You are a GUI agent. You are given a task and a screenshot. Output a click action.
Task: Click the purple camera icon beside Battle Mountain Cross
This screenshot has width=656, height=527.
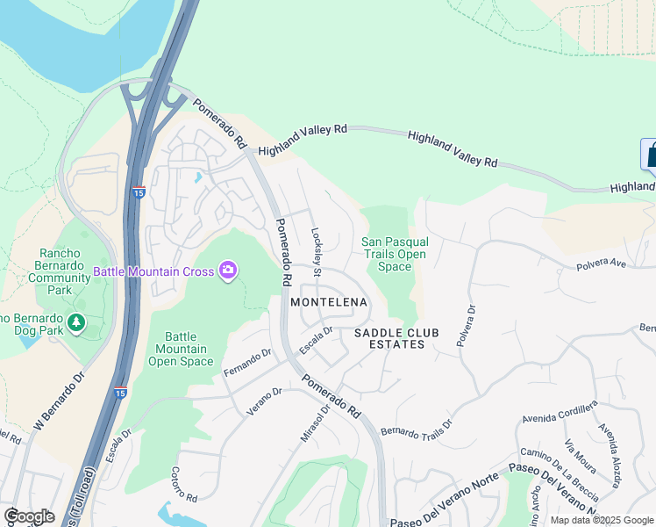coord(228,271)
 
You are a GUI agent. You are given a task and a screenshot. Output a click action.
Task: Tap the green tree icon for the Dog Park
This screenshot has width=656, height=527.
coord(77,323)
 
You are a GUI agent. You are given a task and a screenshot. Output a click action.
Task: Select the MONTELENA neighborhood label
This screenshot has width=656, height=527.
coord(329,302)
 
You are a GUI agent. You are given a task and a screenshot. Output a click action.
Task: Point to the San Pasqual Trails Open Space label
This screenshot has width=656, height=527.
coord(395,254)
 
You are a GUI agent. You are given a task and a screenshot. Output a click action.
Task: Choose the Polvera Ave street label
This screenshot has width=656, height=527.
coord(601,263)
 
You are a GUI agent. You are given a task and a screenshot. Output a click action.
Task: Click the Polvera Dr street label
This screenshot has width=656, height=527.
coord(465,326)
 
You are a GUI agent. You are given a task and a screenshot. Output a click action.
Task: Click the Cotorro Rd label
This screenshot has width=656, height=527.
coord(186,484)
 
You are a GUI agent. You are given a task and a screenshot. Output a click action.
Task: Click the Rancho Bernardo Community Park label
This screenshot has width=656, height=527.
coord(59,271)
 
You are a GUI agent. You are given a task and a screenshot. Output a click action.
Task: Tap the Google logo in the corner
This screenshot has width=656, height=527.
coord(30,516)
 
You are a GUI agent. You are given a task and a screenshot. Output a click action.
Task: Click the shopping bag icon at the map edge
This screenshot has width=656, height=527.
coord(651,155)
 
